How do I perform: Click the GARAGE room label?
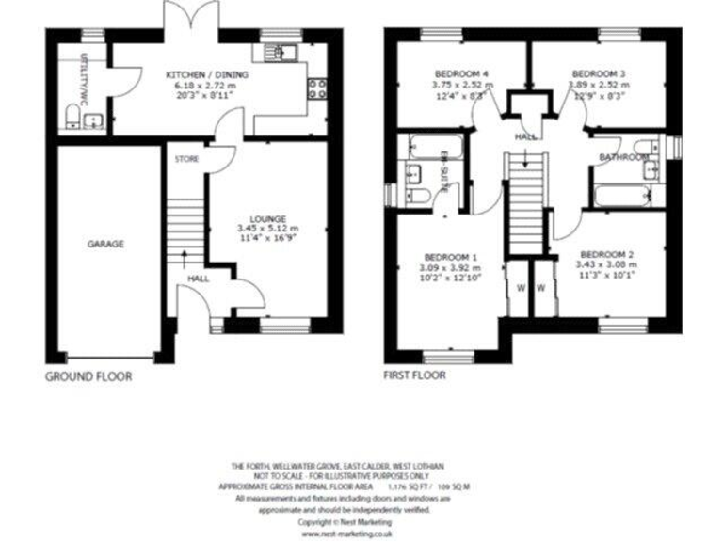click(x=106, y=244)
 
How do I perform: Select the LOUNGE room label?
click(x=266, y=218)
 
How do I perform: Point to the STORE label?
click(x=186, y=159)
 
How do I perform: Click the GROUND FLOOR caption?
click(x=89, y=376)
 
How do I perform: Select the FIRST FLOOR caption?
click(x=415, y=375)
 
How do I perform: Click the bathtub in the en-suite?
click(x=434, y=148)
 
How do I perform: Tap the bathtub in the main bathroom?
click(x=621, y=197)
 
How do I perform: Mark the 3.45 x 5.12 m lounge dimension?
click(x=266, y=229)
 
